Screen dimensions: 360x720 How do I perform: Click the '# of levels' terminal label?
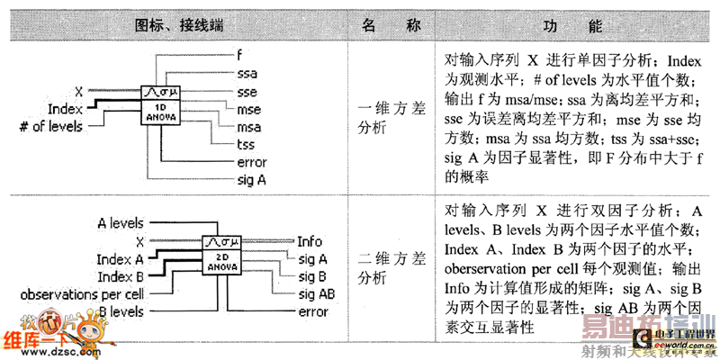(x=50, y=126)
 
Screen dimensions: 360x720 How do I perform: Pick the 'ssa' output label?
(x=247, y=72)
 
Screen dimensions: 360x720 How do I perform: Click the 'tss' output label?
(x=245, y=145)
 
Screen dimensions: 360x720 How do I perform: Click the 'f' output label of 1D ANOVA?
(x=238, y=54)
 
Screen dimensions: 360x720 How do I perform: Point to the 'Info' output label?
(x=310, y=242)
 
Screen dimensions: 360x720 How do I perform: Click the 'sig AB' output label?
(x=314, y=294)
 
